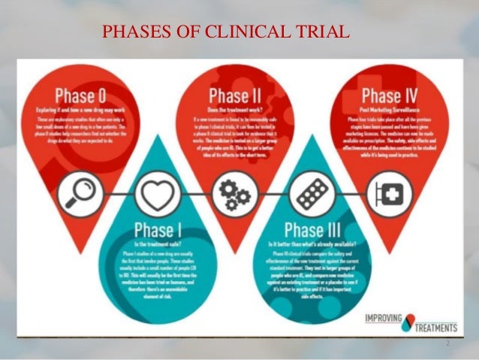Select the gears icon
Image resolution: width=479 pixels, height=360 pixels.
[233, 193]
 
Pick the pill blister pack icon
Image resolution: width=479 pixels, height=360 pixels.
[310, 193]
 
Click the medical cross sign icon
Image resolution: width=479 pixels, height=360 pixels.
[390, 193]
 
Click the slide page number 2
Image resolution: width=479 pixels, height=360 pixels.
[447, 344]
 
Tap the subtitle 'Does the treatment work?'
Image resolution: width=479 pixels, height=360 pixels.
[235, 112]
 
